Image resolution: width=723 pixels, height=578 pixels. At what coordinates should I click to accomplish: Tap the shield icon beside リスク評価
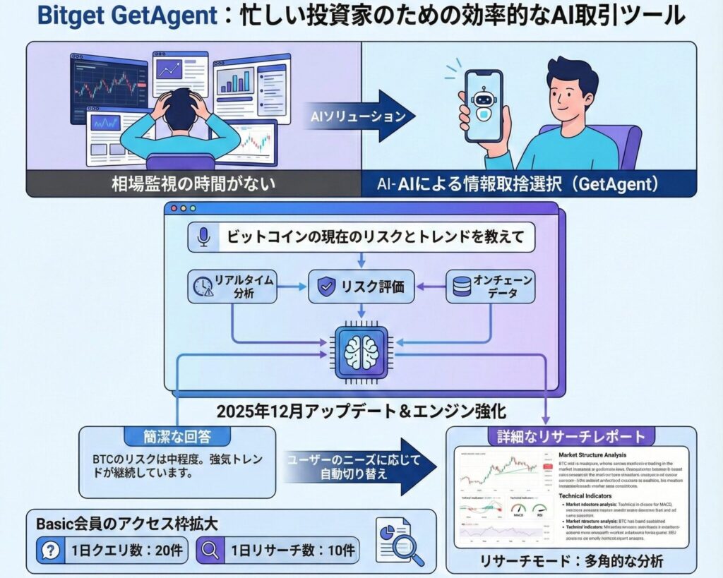coord(325,287)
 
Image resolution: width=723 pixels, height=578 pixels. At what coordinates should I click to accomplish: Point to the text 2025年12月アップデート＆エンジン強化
coord(361,410)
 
